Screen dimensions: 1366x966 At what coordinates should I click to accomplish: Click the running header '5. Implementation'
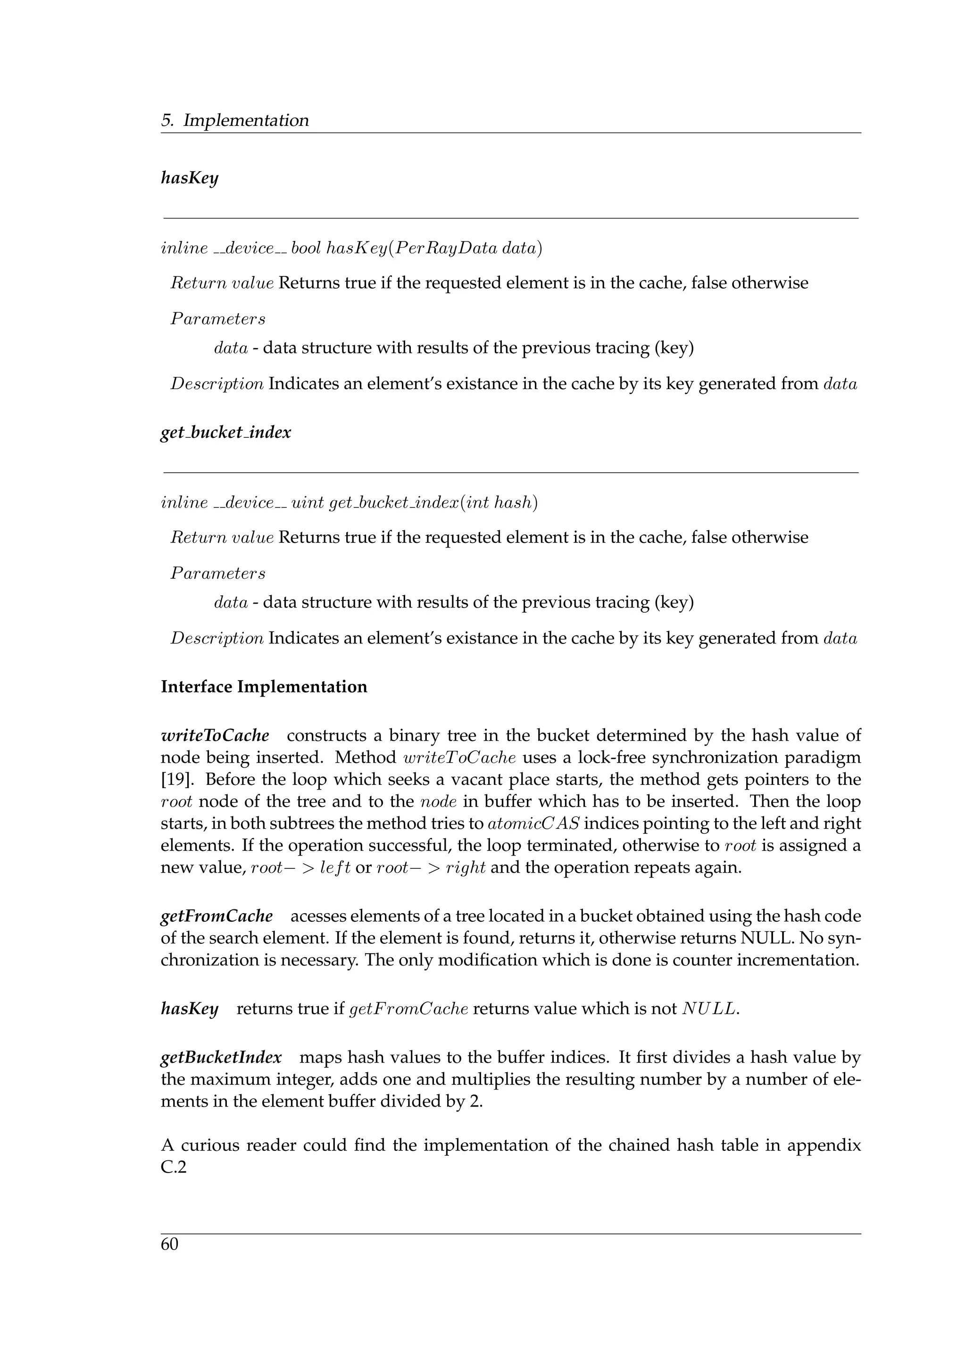point(235,121)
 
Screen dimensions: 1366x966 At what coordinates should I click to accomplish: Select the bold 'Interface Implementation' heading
point(264,687)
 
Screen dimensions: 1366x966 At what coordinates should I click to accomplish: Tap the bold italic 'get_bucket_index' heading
point(226,433)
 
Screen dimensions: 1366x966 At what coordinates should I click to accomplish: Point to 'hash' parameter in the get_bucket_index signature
point(512,503)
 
